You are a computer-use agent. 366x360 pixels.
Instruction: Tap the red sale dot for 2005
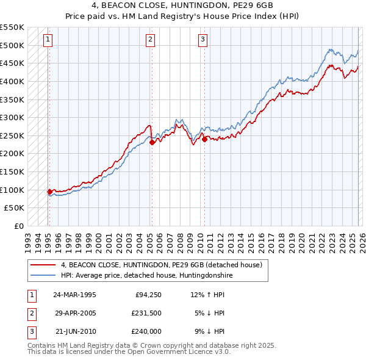[x=151, y=142]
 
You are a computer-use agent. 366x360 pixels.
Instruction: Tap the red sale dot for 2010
[x=204, y=139]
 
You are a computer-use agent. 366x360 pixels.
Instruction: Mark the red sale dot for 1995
[x=49, y=192]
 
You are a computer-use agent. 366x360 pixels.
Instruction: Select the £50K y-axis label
[x=15, y=208]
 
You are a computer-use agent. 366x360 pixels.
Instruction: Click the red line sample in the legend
[x=42, y=265]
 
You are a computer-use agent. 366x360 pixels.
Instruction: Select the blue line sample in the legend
[x=42, y=276]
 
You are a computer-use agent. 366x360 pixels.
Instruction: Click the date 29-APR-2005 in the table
[x=75, y=313]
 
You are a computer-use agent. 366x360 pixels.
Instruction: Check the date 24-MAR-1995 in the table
[x=75, y=295]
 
